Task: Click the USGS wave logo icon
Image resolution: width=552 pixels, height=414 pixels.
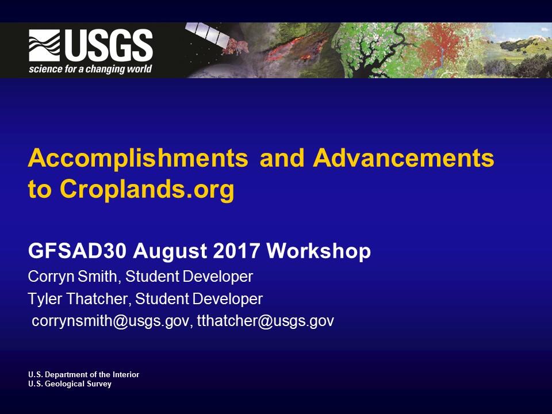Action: coord(45,46)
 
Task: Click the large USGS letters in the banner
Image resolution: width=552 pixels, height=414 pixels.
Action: coord(108,46)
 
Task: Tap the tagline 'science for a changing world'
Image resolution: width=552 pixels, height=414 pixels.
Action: coord(90,69)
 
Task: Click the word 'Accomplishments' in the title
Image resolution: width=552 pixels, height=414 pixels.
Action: coord(138,158)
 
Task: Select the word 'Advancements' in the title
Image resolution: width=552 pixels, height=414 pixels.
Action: coord(403,158)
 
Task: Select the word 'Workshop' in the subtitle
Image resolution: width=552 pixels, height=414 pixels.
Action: coord(319,251)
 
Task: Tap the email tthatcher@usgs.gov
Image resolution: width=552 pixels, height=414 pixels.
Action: coord(266,321)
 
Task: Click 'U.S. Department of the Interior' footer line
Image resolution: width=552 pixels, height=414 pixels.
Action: coord(83,374)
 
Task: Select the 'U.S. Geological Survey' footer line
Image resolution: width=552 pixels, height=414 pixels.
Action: coord(70,384)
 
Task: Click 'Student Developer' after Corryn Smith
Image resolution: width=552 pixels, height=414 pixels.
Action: coord(189,277)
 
